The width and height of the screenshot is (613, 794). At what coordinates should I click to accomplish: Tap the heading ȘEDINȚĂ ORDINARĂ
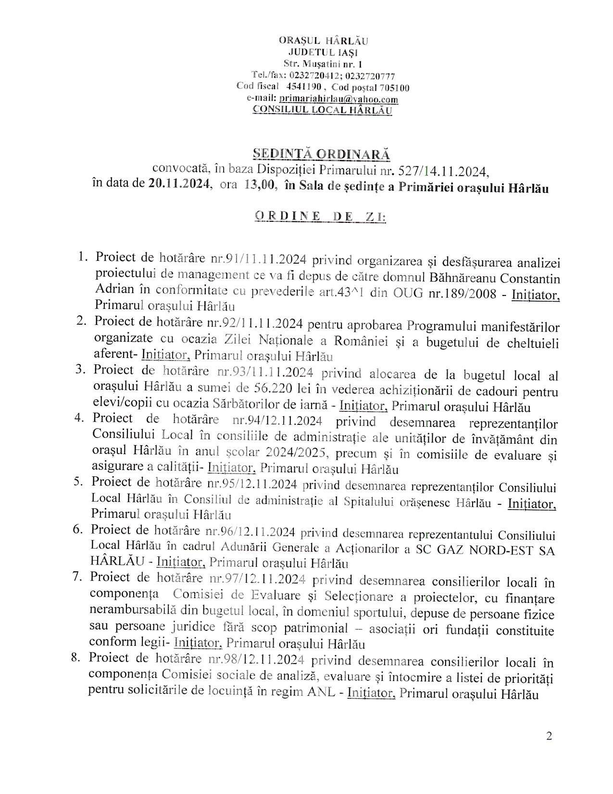tap(321, 154)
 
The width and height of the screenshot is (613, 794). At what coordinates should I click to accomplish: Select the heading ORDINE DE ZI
tap(320, 217)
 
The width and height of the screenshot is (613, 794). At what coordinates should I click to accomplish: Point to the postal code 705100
tap(394, 88)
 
